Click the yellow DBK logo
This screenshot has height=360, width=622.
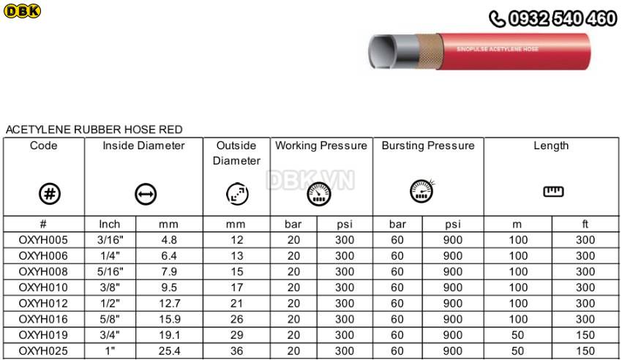click(22, 11)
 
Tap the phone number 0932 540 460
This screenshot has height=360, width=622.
click(563, 18)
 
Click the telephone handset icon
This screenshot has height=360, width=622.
click(497, 19)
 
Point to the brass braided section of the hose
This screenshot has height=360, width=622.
click(428, 51)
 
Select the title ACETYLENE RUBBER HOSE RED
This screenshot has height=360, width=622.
click(94, 130)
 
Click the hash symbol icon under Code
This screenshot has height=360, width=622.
click(50, 194)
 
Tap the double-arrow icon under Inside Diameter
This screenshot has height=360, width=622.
click(146, 195)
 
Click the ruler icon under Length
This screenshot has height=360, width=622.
click(553, 192)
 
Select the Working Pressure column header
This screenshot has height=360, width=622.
click(321, 146)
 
